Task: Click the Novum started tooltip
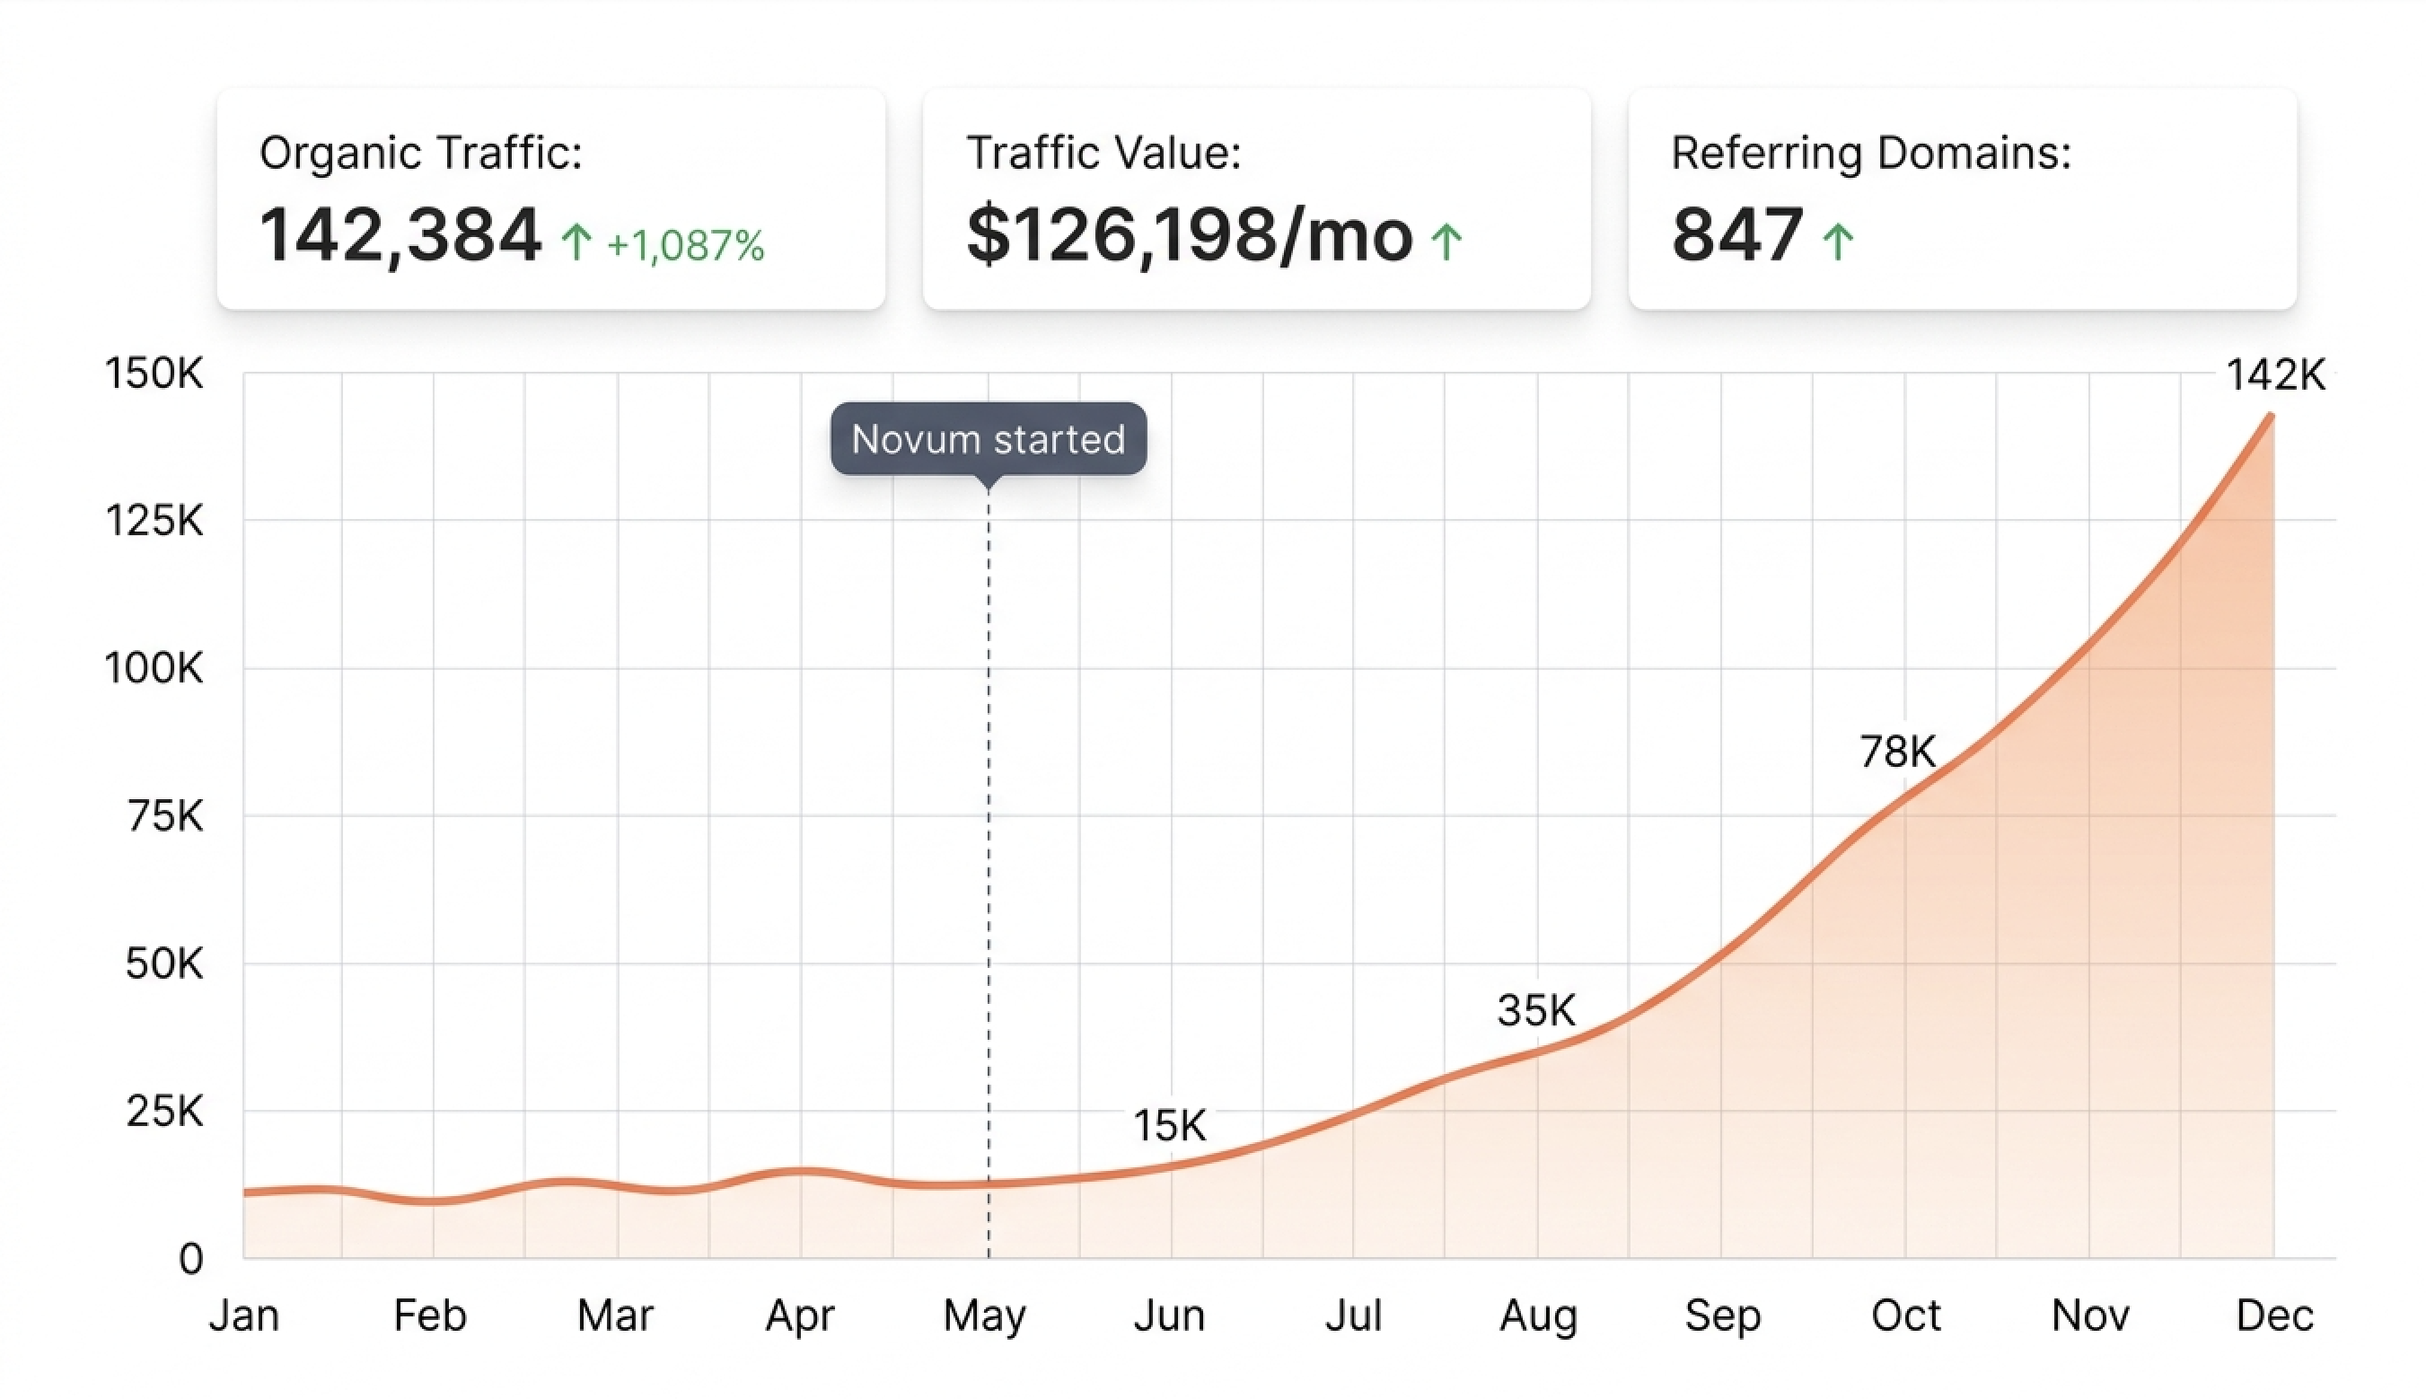[x=988, y=439]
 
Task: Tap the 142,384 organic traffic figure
[x=400, y=235]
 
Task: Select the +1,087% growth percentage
[x=685, y=246]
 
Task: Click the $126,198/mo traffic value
[x=1189, y=235]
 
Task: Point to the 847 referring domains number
[x=1736, y=235]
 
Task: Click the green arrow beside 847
[x=1838, y=242]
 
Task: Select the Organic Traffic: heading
[x=421, y=153]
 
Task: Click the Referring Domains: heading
[x=1870, y=153]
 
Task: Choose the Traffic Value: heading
[x=1103, y=153]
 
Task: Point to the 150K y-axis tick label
[x=154, y=373]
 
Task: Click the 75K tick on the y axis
[x=165, y=815]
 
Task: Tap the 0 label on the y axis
[x=191, y=1259]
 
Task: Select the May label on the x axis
[x=985, y=1315]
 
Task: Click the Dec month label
[x=2274, y=1315]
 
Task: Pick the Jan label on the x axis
[x=244, y=1315]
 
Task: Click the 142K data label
[x=2275, y=374]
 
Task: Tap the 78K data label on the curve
[x=1897, y=752]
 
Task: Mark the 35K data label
[x=1536, y=1011]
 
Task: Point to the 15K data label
[x=1169, y=1125]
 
